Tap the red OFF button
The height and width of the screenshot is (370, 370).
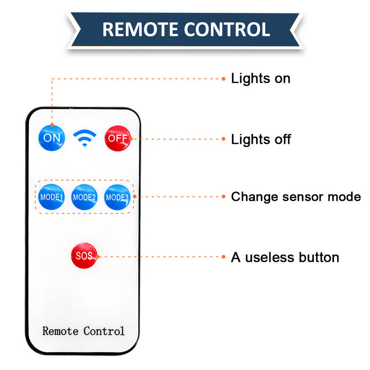point(118,138)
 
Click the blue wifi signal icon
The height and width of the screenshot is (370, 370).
point(85,139)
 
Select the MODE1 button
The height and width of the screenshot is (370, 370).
point(51,197)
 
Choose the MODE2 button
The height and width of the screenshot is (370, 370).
point(84,197)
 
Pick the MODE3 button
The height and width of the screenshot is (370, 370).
point(117,197)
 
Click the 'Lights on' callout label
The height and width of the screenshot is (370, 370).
point(261,78)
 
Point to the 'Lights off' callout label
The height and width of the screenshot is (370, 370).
point(261,139)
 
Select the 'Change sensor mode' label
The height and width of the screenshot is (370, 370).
point(296,197)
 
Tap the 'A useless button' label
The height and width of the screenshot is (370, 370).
point(285,257)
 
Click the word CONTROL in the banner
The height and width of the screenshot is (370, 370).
point(227,29)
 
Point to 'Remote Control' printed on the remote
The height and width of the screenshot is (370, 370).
point(83,331)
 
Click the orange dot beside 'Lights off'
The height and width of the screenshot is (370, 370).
point(224,139)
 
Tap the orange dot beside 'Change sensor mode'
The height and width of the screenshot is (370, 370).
point(224,197)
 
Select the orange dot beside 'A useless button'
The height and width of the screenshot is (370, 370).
point(224,257)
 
